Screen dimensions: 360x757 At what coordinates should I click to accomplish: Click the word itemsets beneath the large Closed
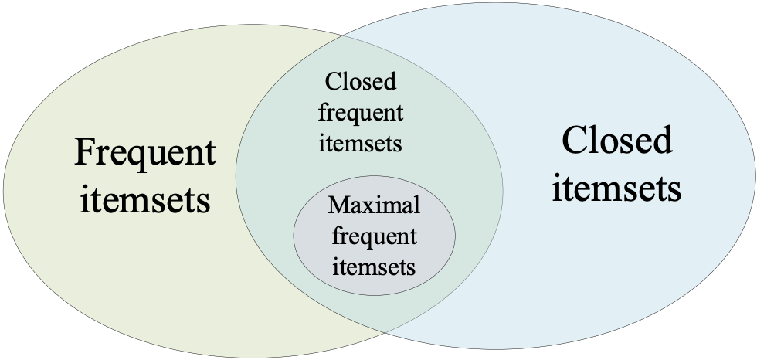pos(616,188)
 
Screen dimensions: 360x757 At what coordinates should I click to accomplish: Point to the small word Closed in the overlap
pos(361,81)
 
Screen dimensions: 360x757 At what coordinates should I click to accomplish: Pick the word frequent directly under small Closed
pos(361,114)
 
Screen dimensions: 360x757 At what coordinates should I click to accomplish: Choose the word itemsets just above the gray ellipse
pos(361,143)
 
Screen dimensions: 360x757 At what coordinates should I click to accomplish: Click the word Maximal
pos(374,205)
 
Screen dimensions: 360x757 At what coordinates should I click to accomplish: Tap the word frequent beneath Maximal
pos(374,236)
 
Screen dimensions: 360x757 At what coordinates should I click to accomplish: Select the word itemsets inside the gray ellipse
pos(374,267)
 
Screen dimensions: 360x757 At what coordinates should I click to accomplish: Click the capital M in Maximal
pos(338,205)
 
